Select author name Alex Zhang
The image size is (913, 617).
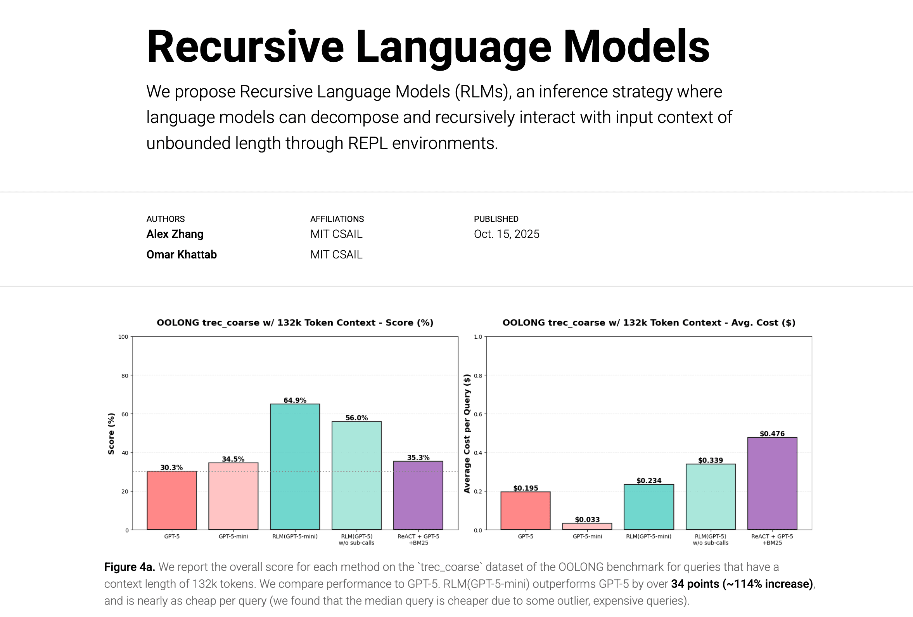pos(175,234)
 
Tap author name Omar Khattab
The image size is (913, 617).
pos(182,255)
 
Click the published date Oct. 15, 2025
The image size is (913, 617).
pos(507,234)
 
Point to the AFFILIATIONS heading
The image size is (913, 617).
pos(337,219)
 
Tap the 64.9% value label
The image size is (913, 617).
pos(295,400)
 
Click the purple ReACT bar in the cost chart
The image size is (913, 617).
pos(772,484)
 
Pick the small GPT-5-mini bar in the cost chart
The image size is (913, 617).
pos(587,526)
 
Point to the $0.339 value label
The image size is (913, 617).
pos(710,460)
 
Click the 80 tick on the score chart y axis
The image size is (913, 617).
pos(124,376)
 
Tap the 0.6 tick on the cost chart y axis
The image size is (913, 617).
pos(478,414)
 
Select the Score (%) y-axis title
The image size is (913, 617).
pos(111,433)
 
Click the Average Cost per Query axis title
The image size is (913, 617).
pos(467,433)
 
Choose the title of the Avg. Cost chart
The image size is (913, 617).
pos(648,322)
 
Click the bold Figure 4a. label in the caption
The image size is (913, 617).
pos(129,567)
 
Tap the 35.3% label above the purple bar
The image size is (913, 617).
pos(418,458)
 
